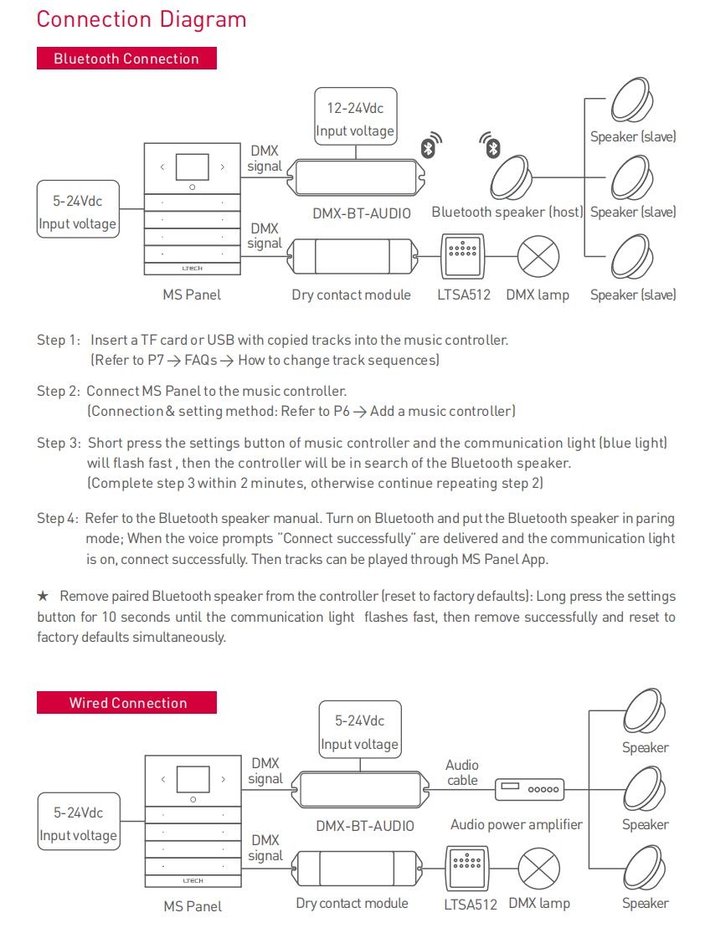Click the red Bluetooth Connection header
(126, 59)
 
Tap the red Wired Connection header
(126, 703)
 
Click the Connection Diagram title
(141, 19)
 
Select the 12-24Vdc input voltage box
(355, 119)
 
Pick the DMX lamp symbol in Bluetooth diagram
(538, 255)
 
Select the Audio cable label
(462, 772)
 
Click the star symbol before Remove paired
(43, 597)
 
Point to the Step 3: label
(59, 443)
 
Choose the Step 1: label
(59, 340)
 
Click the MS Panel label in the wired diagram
(193, 905)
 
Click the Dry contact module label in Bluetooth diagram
(351, 295)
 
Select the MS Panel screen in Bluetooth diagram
(193, 167)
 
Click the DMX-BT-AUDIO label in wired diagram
(365, 825)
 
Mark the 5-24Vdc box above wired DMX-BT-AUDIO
(360, 732)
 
